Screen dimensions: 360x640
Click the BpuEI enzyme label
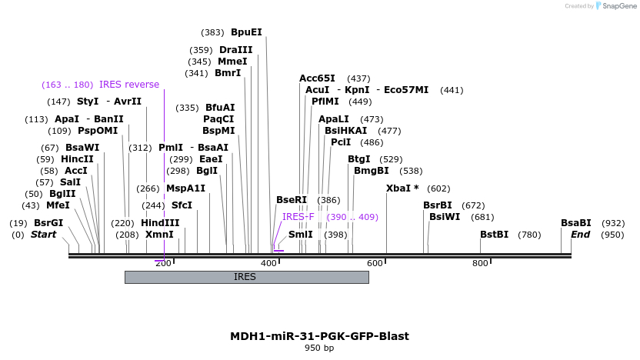click(246, 32)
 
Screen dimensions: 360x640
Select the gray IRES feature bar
click(246, 277)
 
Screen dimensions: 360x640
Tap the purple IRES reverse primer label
click(129, 85)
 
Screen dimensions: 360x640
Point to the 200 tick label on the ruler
click(163, 264)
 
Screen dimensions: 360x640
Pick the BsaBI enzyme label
click(575, 223)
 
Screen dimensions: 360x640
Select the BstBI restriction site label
click(495, 235)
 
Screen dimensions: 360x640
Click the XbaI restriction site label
click(402, 188)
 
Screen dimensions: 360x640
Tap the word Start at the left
click(43, 235)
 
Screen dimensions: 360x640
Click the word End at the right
click(581, 235)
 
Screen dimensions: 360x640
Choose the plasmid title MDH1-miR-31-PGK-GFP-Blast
click(319, 336)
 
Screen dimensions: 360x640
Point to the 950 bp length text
click(319, 348)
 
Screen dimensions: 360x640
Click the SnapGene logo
click(613, 6)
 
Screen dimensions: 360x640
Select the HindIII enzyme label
click(160, 223)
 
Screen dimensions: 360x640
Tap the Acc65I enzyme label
click(317, 78)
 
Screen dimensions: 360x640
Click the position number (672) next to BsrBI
click(473, 205)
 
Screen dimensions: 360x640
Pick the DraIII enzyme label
click(235, 50)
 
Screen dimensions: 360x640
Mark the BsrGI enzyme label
click(48, 223)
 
